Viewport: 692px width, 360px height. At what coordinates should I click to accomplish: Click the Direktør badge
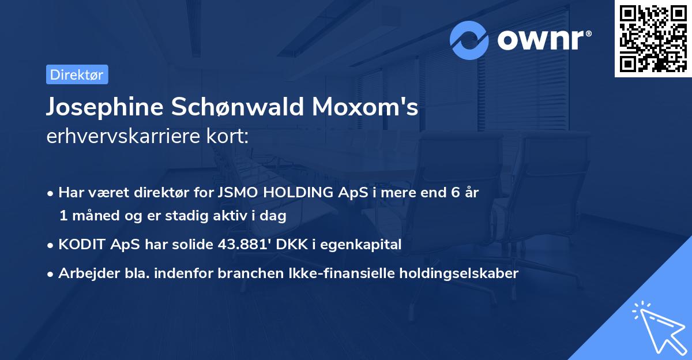[x=77, y=74]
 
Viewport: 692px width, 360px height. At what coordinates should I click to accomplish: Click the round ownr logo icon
[x=469, y=40]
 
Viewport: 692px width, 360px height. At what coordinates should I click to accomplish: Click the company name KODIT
[x=78, y=245]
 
